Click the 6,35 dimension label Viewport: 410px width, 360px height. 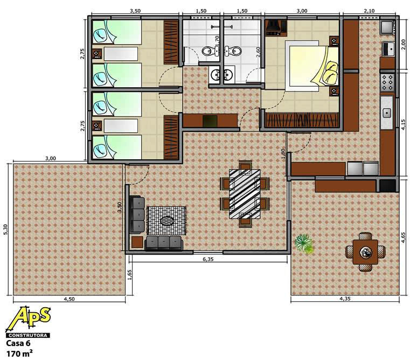(208, 259)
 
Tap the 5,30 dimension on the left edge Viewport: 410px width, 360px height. (6, 230)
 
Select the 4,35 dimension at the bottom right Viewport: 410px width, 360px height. (345, 299)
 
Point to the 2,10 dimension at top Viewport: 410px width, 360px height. (369, 11)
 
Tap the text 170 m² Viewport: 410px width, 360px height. (19, 354)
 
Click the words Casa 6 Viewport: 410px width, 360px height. (18, 343)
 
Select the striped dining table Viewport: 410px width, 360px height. (245, 194)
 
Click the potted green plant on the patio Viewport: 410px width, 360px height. (304, 244)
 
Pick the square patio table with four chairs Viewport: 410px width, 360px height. (365, 252)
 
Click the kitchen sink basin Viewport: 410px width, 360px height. (387, 113)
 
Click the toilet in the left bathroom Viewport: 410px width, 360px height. (207, 51)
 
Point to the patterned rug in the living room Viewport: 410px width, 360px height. (167, 221)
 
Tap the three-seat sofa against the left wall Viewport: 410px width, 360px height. (137, 215)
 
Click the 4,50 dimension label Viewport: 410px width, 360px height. (70, 299)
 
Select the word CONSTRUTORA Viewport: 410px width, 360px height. (28, 335)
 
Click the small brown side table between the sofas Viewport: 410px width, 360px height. (137, 242)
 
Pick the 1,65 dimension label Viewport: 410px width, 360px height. (130, 274)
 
